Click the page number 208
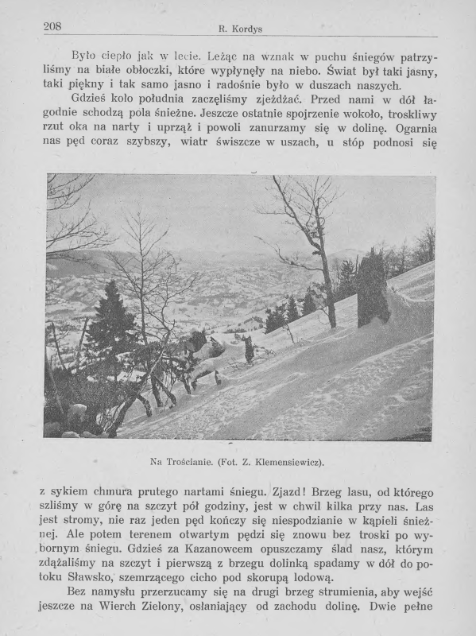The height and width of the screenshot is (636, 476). click(x=53, y=26)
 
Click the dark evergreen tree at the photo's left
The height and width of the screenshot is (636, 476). click(x=110, y=318)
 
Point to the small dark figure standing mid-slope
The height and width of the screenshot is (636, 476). click(x=249, y=348)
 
